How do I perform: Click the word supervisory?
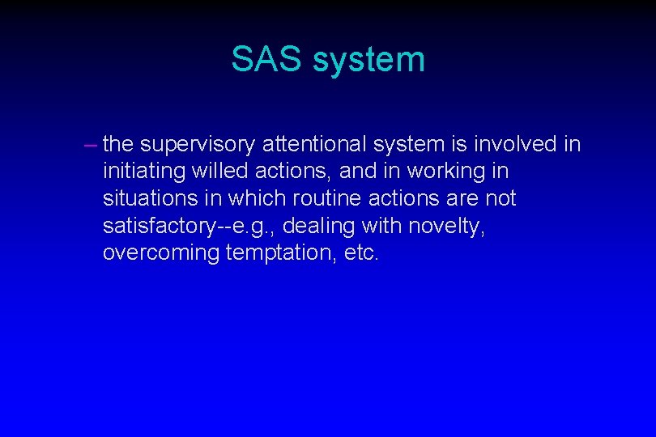point(197,145)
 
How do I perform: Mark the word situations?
point(147,198)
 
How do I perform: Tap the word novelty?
point(452,226)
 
